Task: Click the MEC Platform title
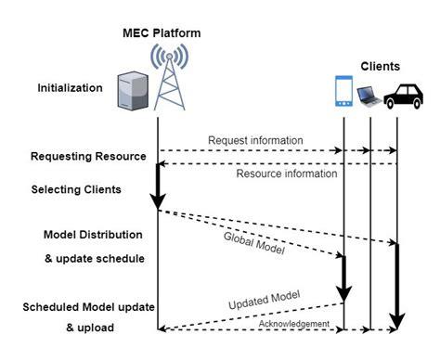pyautogui.click(x=161, y=33)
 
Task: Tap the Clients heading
pyautogui.click(x=380, y=67)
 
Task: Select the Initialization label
pyautogui.click(x=71, y=88)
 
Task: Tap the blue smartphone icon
pyautogui.click(x=343, y=95)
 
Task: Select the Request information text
pyautogui.click(x=255, y=140)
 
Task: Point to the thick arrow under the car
pyautogui.click(x=397, y=283)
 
